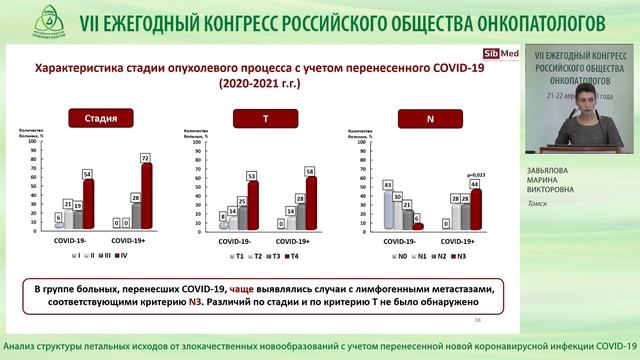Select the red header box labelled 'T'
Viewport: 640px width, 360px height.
point(264,118)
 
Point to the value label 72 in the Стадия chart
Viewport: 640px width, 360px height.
point(146,158)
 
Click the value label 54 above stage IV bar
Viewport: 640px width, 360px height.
point(88,174)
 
